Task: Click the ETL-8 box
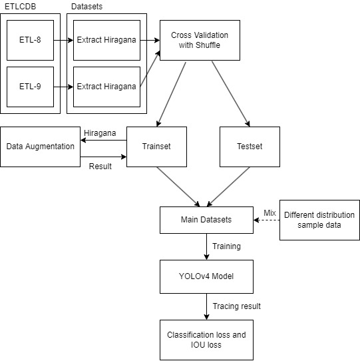point(30,40)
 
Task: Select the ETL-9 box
point(30,87)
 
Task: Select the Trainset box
point(156,146)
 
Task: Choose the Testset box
point(249,146)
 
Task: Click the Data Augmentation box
point(40,146)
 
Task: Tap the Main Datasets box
point(206,220)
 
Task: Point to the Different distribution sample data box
point(319,220)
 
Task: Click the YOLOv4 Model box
point(206,276)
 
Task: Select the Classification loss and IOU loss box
point(206,340)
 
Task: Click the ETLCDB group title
point(21,6)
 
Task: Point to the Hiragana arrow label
point(99,133)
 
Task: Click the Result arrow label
point(100,165)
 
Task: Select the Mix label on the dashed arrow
point(269,212)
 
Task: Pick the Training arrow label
point(226,246)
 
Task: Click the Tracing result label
point(236,306)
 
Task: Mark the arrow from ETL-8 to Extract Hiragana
point(63,40)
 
